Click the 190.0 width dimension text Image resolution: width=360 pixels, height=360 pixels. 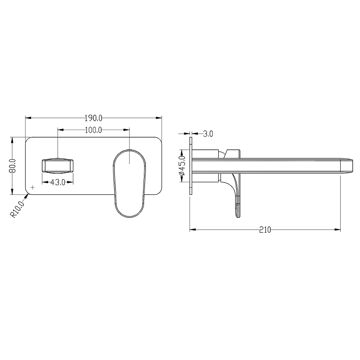94,118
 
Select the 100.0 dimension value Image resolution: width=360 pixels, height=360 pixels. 94,130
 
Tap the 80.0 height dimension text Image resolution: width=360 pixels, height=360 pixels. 13,166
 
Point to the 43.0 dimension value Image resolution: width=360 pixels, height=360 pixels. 58,183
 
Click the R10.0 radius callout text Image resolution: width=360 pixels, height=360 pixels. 17,209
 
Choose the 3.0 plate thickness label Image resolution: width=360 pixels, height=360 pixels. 208,134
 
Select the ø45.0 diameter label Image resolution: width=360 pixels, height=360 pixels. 182,166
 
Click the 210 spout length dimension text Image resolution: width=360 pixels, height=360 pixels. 265,230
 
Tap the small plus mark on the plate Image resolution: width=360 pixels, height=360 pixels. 32,187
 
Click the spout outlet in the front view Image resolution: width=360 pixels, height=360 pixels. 58,165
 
